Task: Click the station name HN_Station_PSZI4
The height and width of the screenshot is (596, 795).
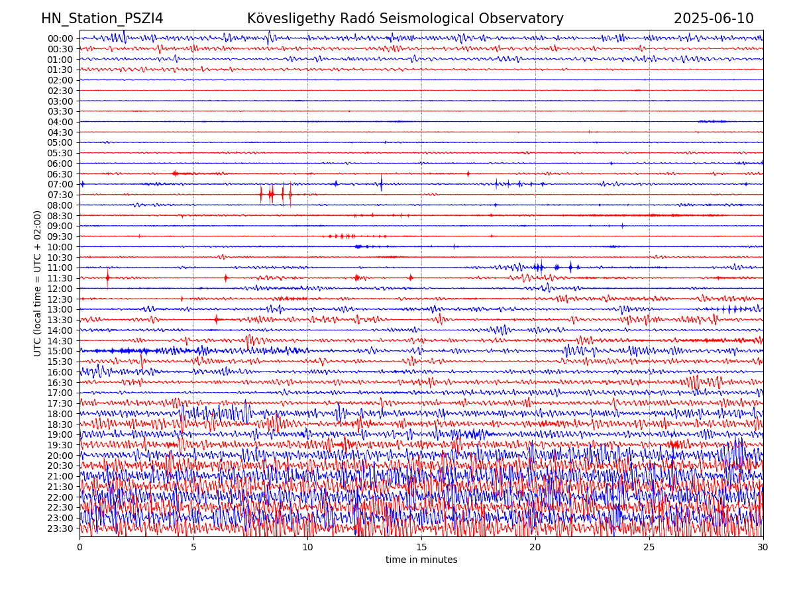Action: click(102, 19)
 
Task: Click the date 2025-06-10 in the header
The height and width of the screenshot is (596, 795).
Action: click(714, 19)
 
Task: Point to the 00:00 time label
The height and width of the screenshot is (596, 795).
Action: click(60, 38)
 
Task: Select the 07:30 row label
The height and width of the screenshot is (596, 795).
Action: click(60, 195)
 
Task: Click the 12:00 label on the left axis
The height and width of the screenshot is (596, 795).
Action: click(60, 289)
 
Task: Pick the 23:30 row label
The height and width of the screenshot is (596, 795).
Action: click(60, 528)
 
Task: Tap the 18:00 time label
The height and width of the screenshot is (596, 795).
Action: click(60, 414)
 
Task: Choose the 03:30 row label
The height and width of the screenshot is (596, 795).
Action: click(60, 111)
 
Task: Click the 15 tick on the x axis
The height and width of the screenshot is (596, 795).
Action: click(421, 548)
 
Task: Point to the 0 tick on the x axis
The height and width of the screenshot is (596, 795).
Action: click(79, 548)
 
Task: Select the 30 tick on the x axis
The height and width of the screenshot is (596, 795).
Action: click(763, 548)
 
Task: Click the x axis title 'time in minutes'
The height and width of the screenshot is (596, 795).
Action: click(421, 560)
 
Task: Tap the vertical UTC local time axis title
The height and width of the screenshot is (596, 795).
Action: click(38, 283)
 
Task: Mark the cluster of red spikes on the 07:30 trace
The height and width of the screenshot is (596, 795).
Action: click(275, 194)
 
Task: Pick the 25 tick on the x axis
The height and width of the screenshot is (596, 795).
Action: click(649, 548)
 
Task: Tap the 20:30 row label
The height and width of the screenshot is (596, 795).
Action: click(60, 466)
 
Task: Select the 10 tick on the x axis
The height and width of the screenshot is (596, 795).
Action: click(307, 548)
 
